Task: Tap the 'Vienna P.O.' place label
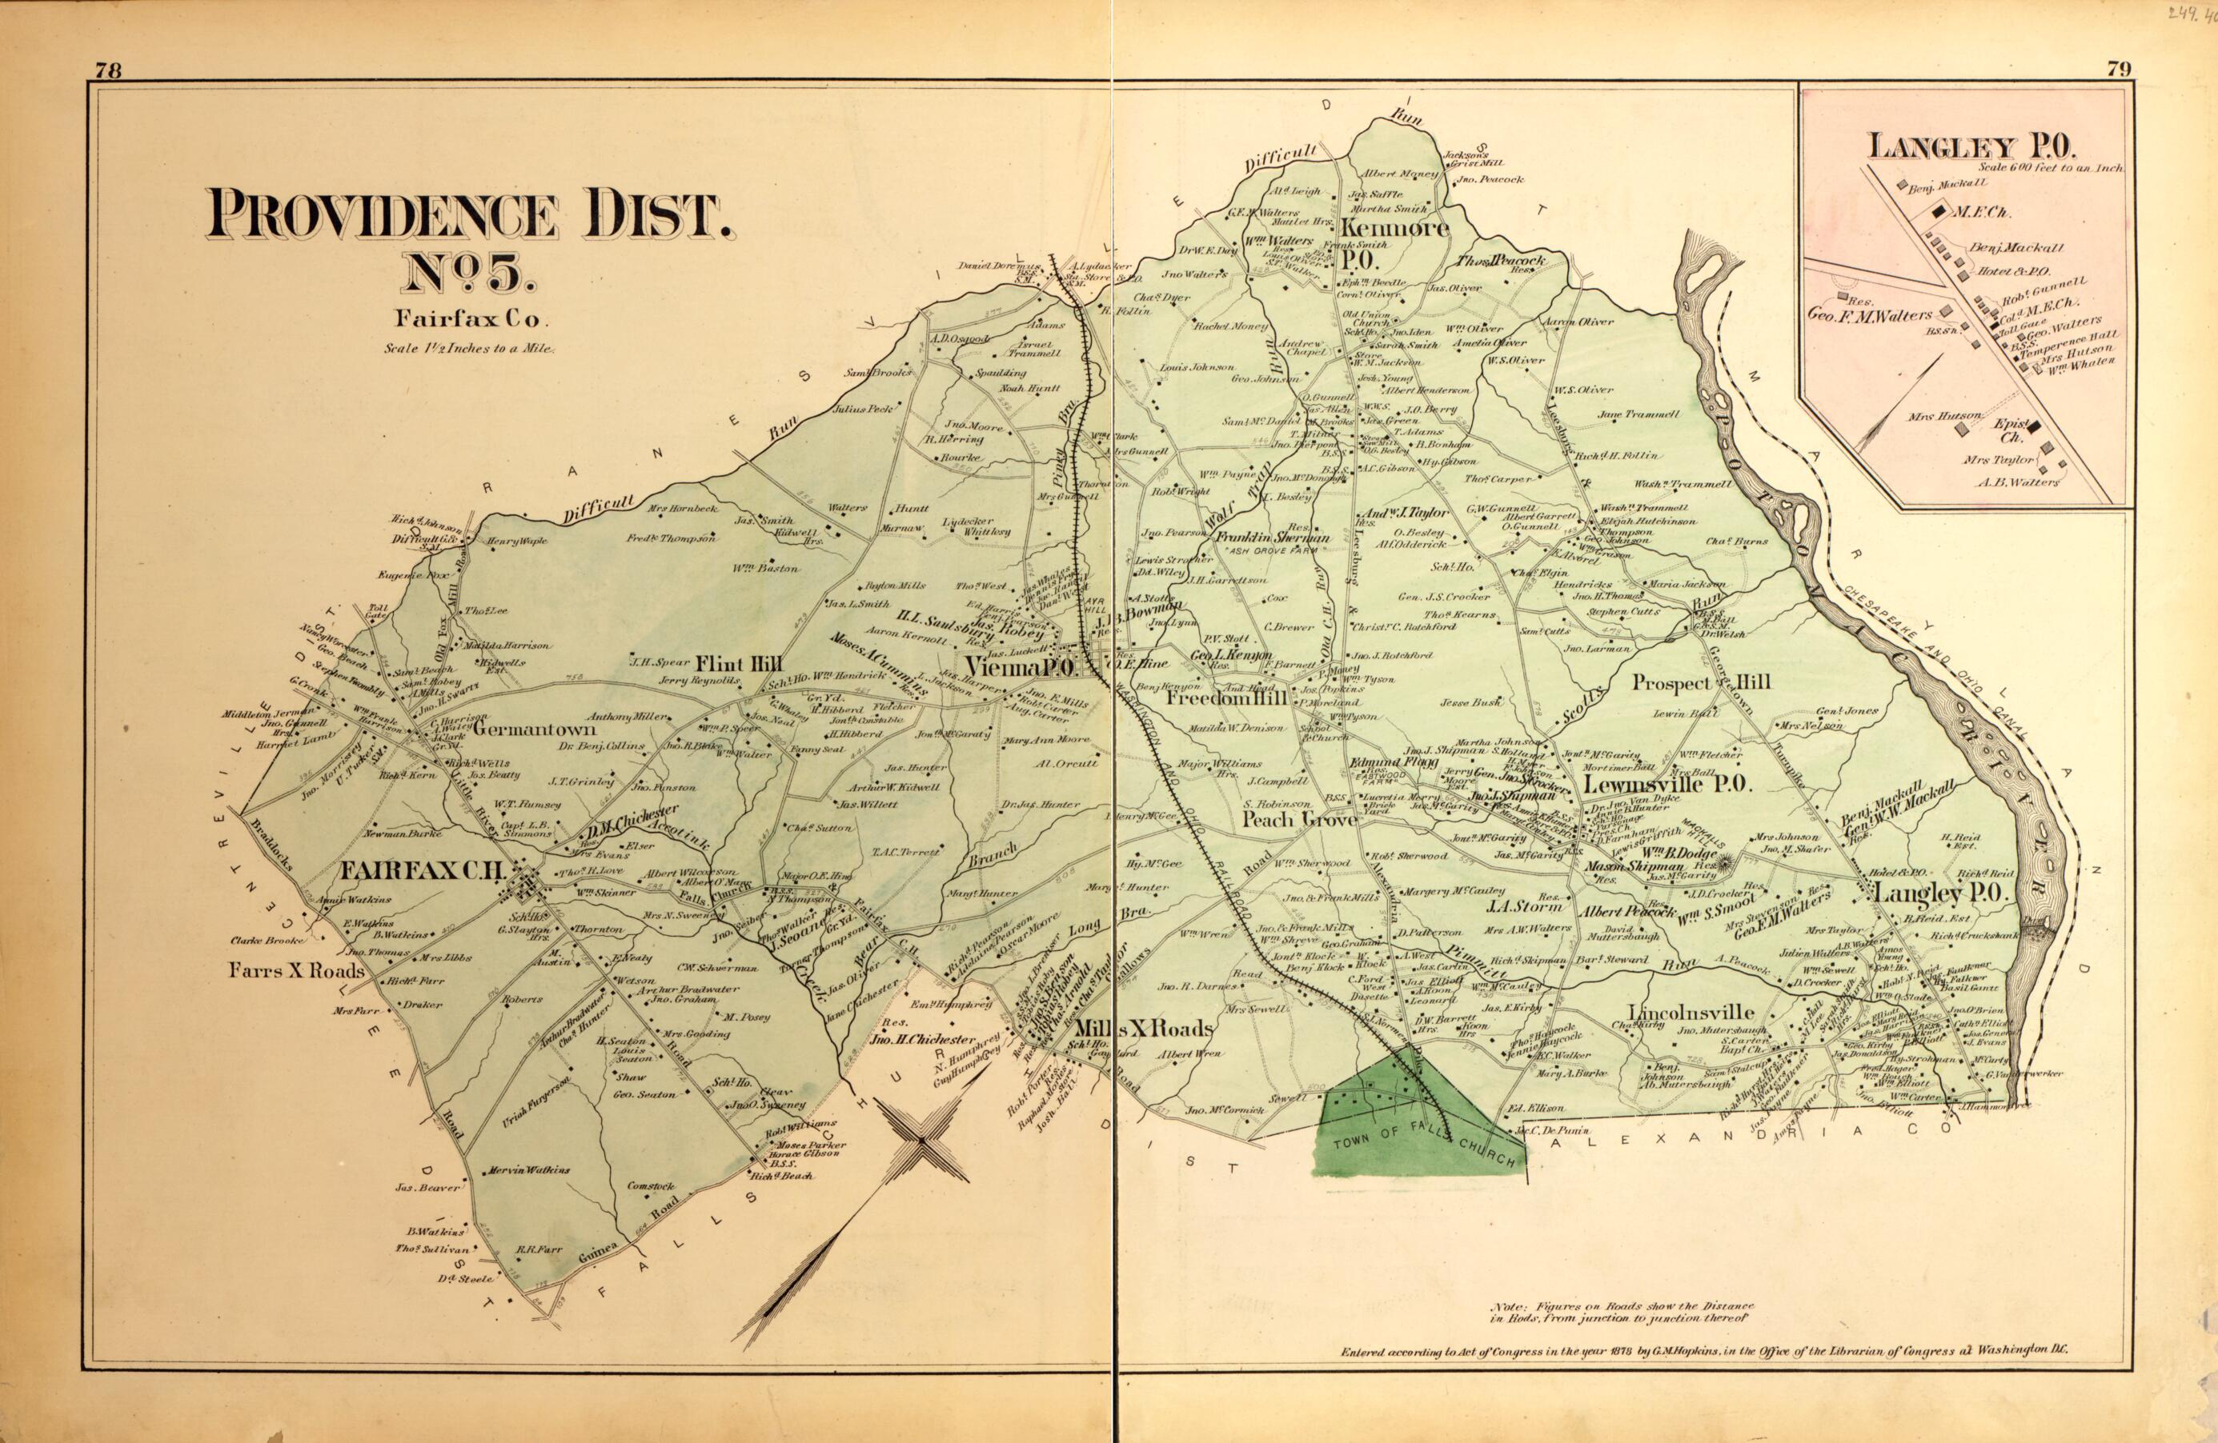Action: (x=1023, y=668)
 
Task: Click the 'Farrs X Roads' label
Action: (x=299, y=969)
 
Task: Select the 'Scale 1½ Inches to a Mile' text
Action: (x=470, y=350)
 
